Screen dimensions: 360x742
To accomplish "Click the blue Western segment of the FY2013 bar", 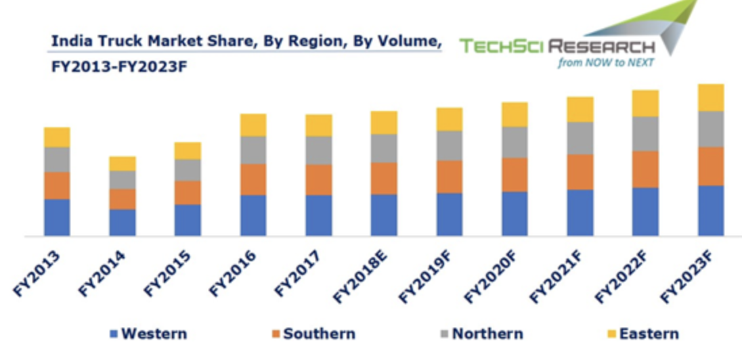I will click(x=57, y=217).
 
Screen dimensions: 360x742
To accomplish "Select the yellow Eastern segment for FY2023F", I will click(x=710, y=97).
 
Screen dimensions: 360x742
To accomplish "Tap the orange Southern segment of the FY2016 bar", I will click(x=253, y=179).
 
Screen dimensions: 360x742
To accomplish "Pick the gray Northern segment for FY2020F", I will click(x=515, y=142).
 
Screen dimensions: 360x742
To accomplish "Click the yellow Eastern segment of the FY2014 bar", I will click(x=123, y=163).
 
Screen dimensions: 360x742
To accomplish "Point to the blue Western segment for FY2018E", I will click(x=384, y=215).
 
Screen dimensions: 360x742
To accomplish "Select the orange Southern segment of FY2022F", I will click(x=645, y=169).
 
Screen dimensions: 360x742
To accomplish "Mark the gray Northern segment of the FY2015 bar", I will click(x=188, y=170).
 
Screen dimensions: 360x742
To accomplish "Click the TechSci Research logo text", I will click(x=557, y=47).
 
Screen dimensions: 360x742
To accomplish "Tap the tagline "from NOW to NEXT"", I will click(x=605, y=63).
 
